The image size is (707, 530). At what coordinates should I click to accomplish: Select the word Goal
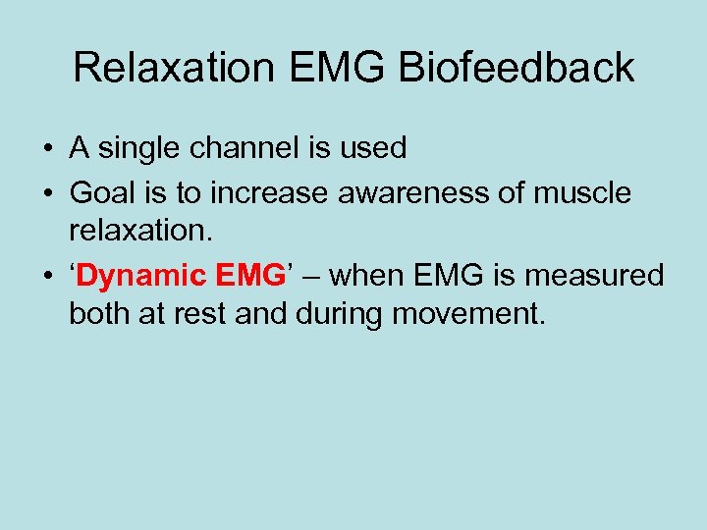tap(101, 193)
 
